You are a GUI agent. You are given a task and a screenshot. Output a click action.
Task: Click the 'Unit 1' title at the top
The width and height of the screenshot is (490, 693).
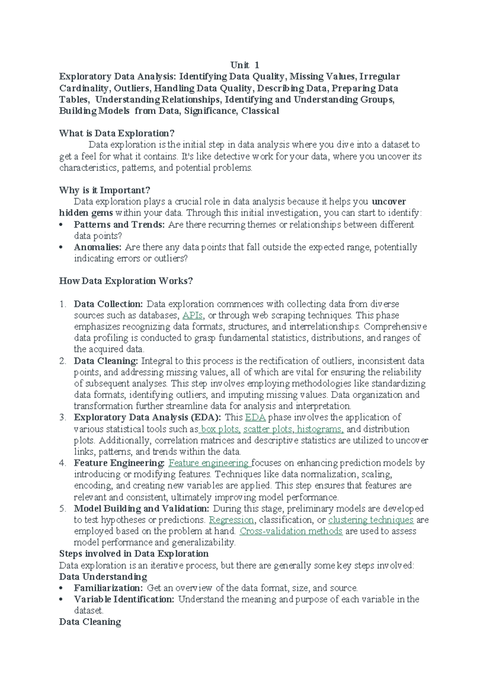245,65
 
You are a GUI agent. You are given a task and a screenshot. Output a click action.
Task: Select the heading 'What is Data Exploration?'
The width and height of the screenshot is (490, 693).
117,133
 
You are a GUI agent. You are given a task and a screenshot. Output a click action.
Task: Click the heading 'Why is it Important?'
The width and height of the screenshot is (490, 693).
105,190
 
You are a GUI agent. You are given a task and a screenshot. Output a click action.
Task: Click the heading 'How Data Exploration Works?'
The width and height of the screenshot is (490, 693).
126,281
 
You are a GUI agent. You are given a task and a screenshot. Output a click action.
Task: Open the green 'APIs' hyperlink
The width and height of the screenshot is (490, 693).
192,315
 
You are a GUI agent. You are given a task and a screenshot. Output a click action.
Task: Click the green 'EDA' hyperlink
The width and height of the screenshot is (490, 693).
256,417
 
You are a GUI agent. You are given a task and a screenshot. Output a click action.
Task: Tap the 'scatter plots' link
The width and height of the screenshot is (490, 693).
268,429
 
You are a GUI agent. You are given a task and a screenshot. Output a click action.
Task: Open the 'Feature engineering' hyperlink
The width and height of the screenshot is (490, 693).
209,463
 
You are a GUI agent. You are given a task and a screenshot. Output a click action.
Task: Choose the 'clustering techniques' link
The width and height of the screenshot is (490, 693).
371,520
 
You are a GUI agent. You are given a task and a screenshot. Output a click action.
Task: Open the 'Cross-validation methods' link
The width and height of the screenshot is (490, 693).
291,531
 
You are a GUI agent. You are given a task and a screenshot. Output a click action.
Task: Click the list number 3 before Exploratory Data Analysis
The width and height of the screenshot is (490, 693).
62,418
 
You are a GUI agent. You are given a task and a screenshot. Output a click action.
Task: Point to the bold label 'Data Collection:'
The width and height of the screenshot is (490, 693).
108,304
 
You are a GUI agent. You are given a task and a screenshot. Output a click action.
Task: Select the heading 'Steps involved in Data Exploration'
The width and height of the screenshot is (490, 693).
134,554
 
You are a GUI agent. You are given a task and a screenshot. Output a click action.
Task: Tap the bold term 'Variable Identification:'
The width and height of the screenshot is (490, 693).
124,599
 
